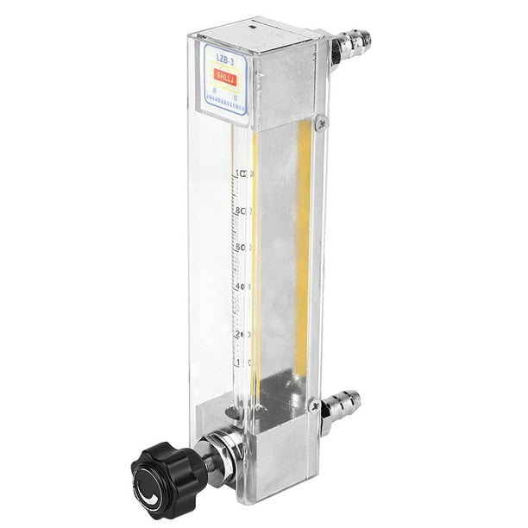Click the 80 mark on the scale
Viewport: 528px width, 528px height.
pyautogui.click(x=242, y=211)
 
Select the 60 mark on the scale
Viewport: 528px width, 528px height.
pyautogui.click(x=242, y=248)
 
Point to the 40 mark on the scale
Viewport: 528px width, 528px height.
pyautogui.click(x=242, y=286)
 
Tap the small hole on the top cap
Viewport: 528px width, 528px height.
pyautogui.click(x=252, y=28)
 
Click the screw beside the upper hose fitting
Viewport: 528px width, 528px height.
pyautogui.click(x=321, y=123)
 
